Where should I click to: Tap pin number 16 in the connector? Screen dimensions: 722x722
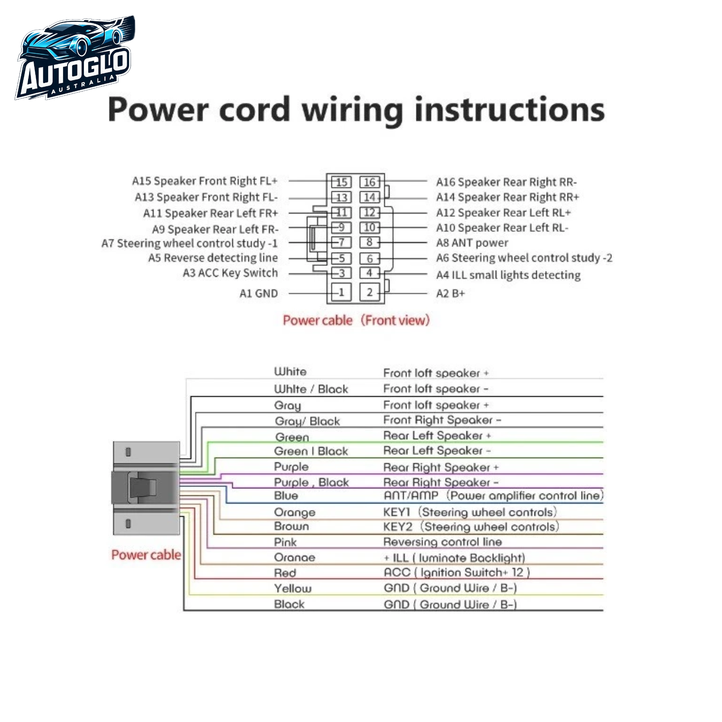(x=369, y=183)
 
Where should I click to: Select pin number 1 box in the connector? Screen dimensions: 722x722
(x=341, y=292)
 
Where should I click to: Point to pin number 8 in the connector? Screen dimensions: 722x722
(x=369, y=242)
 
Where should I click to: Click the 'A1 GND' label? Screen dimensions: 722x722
(x=259, y=293)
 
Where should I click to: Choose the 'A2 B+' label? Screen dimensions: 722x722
(x=450, y=293)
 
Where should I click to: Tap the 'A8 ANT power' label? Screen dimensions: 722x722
(x=472, y=243)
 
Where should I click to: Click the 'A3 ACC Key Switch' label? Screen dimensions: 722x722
(x=230, y=273)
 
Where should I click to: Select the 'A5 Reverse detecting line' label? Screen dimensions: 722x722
(x=213, y=258)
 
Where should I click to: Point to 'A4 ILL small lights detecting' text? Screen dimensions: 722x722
(x=508, y=275)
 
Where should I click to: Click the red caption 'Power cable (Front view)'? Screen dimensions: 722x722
(x=356, y=320)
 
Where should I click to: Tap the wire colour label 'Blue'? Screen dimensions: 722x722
(x=286, y=495)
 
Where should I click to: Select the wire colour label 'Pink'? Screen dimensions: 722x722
(x=285, y=542)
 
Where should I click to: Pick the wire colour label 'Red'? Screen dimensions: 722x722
(x=285, y=573)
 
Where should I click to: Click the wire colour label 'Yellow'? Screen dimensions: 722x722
(x=293, y=588)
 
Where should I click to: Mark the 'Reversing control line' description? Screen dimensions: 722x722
(x=442, y=542)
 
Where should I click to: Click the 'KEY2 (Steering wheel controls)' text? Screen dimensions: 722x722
(x=471, y=527)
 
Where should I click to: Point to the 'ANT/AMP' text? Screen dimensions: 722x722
(x=411, y=495)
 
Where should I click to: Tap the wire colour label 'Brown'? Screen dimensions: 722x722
(x=292, y=526)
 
